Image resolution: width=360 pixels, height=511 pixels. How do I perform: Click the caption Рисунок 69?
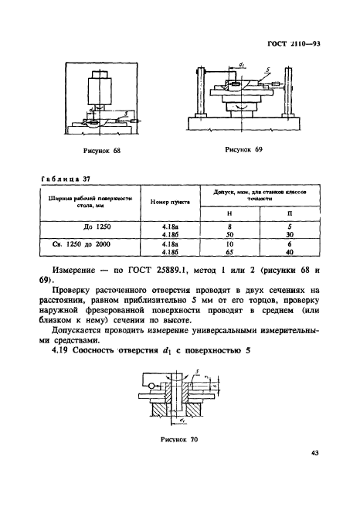(245, 149)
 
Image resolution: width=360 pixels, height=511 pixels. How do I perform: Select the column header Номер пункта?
(169, 199)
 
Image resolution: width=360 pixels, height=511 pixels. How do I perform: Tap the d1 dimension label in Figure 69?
(243, 66)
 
